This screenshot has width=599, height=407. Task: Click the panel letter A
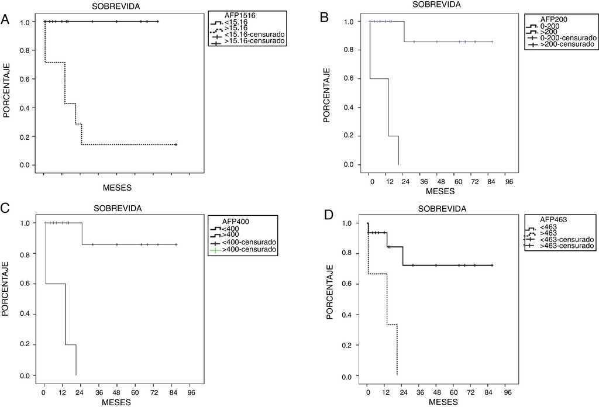5,19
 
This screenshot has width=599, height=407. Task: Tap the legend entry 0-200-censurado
567,37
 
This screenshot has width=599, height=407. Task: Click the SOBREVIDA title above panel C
118,208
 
